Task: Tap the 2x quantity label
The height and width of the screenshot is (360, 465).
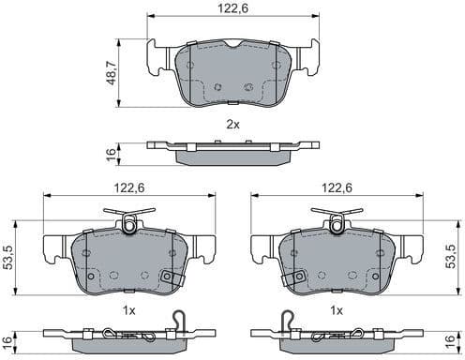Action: point(232,124)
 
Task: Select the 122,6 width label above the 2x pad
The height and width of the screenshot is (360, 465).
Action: point(233,8)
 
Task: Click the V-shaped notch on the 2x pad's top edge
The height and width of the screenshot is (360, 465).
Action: point(232,46)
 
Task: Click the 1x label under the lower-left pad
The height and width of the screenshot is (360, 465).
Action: point(130,309)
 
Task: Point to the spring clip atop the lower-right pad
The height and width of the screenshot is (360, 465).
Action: point(335,222)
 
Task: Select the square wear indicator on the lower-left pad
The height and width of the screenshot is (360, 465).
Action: point(170,277)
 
